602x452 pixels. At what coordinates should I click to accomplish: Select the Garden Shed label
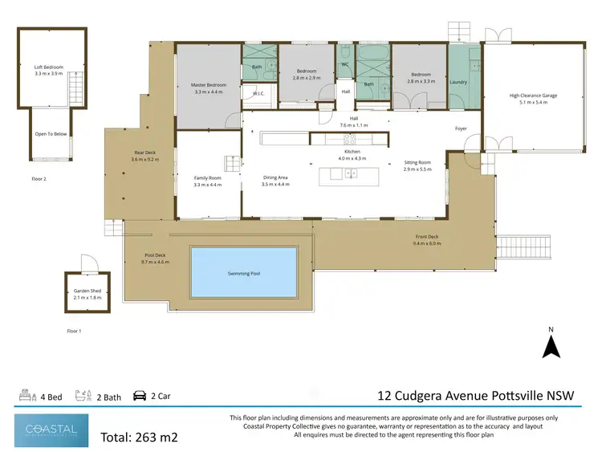click(x=79, y=293)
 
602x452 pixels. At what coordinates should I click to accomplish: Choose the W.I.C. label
click(x=258, y=94)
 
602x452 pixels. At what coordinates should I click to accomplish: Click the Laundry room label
click(x=458, y=82)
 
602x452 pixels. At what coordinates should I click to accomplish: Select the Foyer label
click(x=461, y=128)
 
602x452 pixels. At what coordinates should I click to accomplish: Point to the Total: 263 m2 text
click(x=138, y=438)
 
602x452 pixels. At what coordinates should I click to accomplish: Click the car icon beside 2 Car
click(x=138, y=396)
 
